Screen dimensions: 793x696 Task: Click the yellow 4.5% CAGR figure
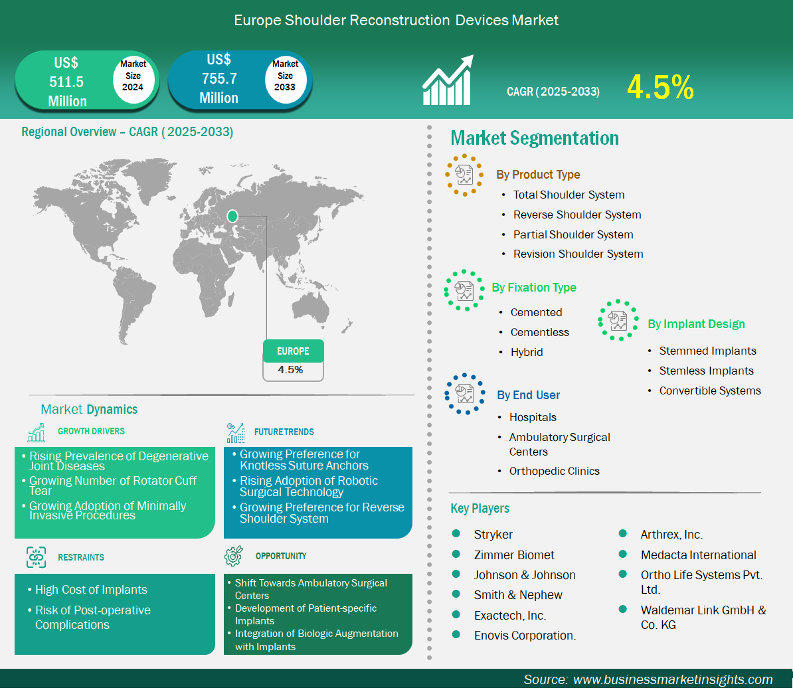[660, 87]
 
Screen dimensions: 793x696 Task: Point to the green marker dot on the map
[232, 217]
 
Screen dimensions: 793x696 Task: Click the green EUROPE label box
[294, 351]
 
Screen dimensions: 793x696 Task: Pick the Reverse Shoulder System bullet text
[577, 215]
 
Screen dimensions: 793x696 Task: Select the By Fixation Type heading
[534, 288]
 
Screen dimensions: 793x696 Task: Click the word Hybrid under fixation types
[527, 352]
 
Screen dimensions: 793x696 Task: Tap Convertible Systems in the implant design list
[710, 391]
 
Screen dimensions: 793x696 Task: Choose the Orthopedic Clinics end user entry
[555, 471]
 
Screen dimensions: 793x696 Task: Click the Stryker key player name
[493, 534]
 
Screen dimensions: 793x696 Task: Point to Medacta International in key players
[699, 555]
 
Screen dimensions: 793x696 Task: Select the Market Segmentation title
[535, 138]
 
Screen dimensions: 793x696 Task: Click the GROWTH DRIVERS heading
[91, 431]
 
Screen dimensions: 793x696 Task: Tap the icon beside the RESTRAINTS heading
[36, 557]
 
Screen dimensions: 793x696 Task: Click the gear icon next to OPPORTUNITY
[234, 555]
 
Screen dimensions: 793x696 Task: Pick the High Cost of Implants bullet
[91, 590]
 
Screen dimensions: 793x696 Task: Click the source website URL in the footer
[673, 679]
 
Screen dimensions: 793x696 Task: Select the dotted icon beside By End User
[465, 394]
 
